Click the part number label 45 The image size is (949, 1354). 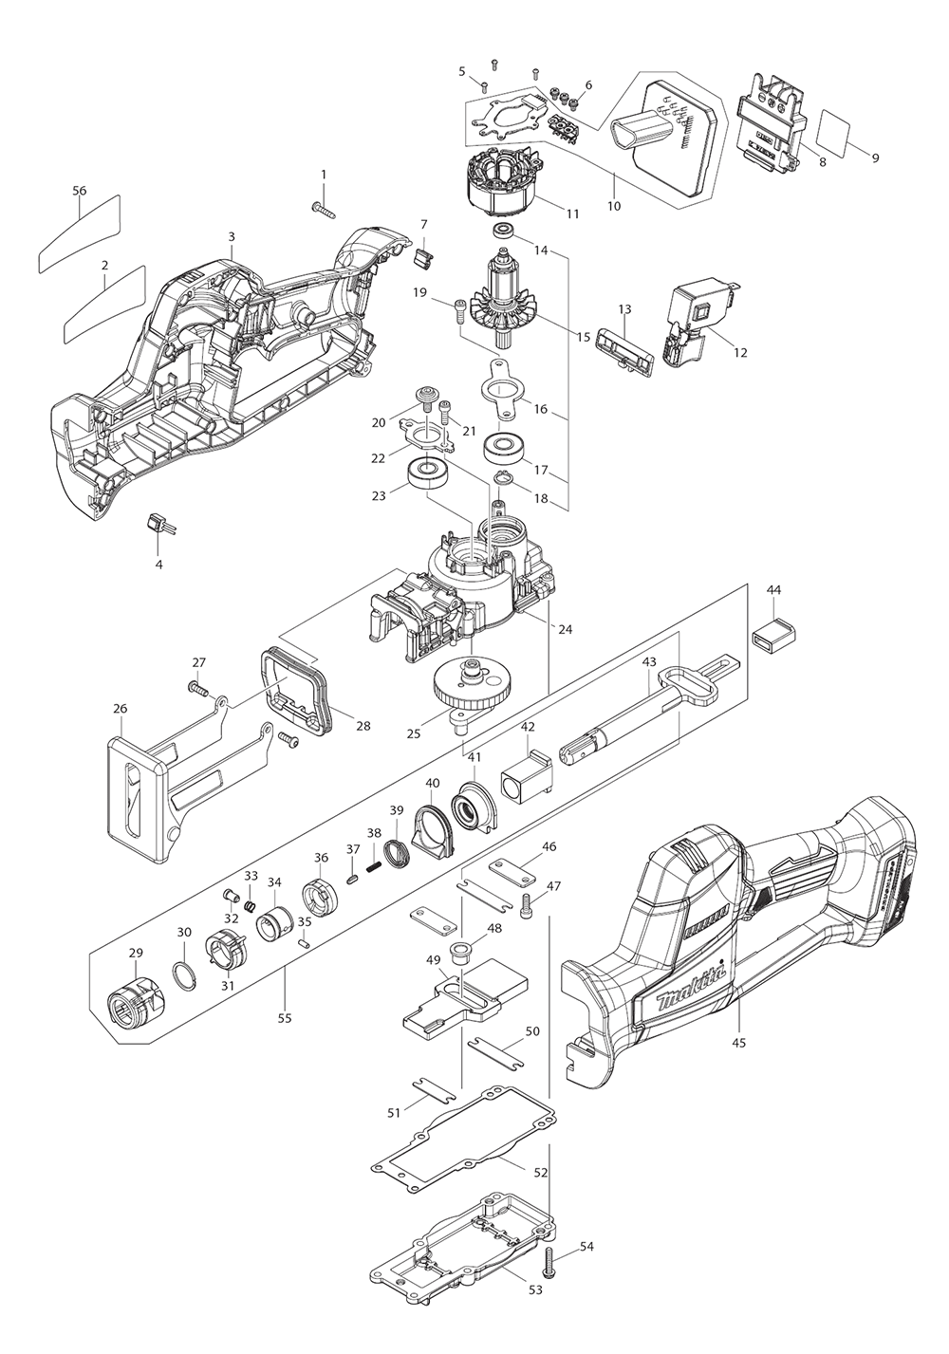coord(739,1043)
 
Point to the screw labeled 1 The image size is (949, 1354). coord(323,205)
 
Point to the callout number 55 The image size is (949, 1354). coord(285,1018)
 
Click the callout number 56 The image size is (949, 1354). coord(80,191)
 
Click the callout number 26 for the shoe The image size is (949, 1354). coord(120,709)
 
